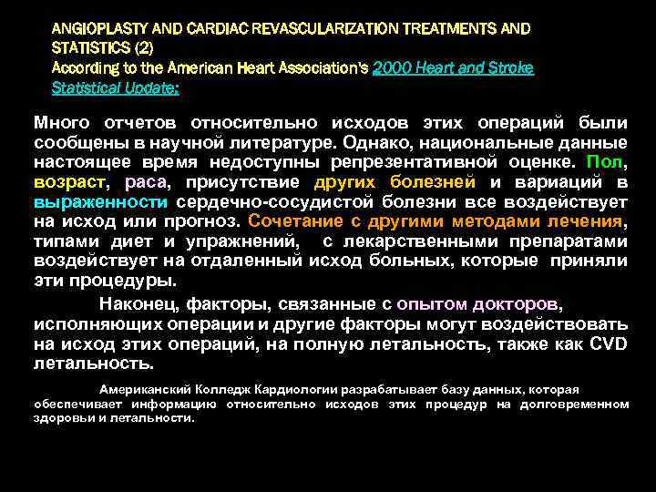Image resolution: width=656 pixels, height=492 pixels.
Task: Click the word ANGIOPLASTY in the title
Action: point(92,28)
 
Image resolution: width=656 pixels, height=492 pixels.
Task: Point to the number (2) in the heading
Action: point(143,48)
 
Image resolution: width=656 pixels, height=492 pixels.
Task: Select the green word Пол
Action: point(605,161)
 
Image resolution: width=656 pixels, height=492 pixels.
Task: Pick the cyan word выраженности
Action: point(100,201)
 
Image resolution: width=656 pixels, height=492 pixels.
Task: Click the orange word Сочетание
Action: point(291,221)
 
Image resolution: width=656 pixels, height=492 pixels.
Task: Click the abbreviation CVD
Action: point(608,344)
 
